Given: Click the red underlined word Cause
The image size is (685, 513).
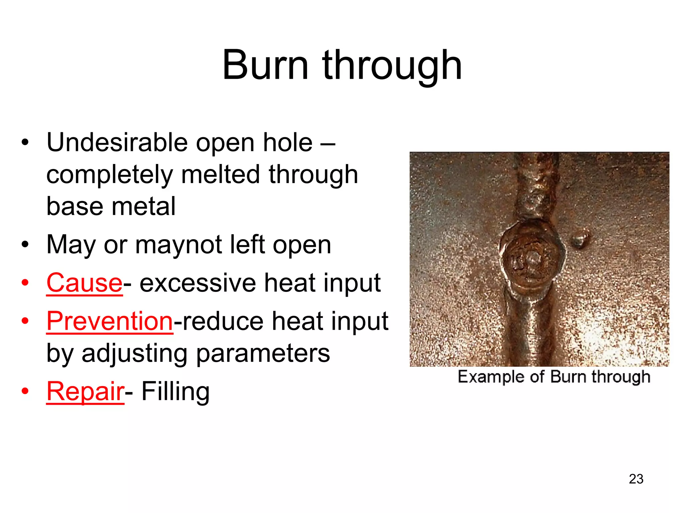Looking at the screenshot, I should (x=85, y=283).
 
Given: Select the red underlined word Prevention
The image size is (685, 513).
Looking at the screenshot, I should (x=110, y=321).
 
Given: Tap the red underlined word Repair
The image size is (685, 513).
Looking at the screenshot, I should (x=85, y=391).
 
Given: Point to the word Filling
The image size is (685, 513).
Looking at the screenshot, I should (x=176, y=391).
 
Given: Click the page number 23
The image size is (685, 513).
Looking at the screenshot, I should (x=636, y=479).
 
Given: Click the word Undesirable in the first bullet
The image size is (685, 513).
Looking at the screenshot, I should (x=117, y=143).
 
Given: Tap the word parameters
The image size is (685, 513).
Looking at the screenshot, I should (x=263, y=353).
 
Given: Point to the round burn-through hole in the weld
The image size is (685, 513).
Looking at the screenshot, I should (x=531, y=259).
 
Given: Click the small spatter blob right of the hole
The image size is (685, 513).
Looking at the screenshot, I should (x=580, y=239).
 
